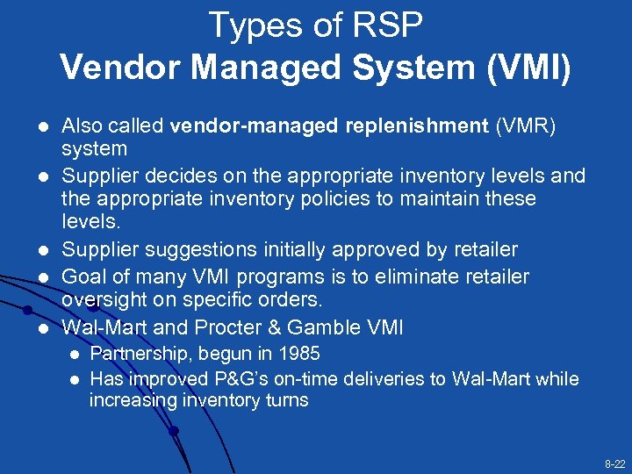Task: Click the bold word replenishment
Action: (x=416, y=126)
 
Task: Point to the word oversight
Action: (x=101, y=299)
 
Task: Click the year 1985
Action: (x=299, y=354)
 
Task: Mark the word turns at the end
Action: (x=286, y=400)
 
